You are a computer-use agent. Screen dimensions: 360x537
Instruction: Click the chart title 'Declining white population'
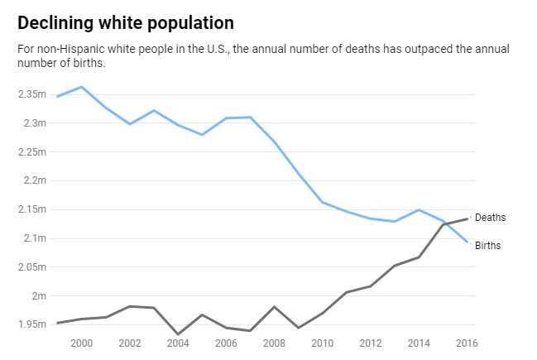(x=125, y=22)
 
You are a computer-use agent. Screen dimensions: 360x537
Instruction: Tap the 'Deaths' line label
(x=490, y=218)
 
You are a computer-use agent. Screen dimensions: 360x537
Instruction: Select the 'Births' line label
(x=487, y=246)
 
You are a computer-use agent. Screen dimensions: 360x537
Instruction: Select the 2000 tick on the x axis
(x=82, y=343)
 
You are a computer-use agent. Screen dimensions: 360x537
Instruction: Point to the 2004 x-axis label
(x=179, y=343)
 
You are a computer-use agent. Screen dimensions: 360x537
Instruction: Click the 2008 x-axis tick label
(x=275, y=343)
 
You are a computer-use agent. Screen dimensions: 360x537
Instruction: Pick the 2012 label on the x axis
(x=372, y=343)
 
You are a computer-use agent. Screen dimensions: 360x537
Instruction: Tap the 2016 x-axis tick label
(x=467, y=343)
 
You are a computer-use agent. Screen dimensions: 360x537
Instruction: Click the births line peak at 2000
(x=81, y=87)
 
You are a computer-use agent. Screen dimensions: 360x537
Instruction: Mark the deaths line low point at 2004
(x=178, y=334)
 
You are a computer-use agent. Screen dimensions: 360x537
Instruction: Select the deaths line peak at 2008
(x=275, y=307)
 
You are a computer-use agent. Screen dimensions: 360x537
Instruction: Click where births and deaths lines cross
(x=445, y=223)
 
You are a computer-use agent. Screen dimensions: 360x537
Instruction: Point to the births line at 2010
(x=323, y=202)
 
